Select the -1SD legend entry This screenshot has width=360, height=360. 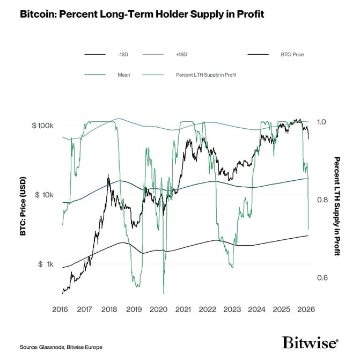pyautogui.click(x=123, y=54)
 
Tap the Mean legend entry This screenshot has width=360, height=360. pyautogui.click(x=123, y=75)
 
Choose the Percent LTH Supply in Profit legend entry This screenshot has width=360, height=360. pyautogui.click(x=206, y=75)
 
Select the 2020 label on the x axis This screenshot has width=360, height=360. pyautogui.click(x=158, y=310)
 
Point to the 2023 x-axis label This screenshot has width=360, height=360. pyautogui.click(x=232, y=310)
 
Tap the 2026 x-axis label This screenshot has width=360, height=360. pyautogui.click(x=306, y=310)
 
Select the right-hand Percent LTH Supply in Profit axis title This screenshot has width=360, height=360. pyautogui.click(x=337, y=206)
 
